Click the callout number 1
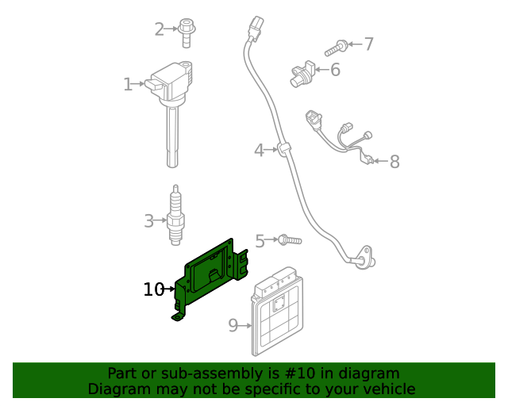[128, 84]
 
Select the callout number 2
[159, 29]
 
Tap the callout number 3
[148, 221]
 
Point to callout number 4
[259, 150]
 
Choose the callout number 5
[260, 240]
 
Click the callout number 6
[335, 71]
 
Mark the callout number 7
[368, 44]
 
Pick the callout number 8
[394, 163]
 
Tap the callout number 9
[233, 325]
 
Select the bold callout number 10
[153, 290]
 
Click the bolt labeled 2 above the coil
[187, 29]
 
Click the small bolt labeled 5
[288, 239]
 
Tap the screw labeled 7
[337, 48]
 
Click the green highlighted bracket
[210, 278]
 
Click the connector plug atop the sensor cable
[254, 29]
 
